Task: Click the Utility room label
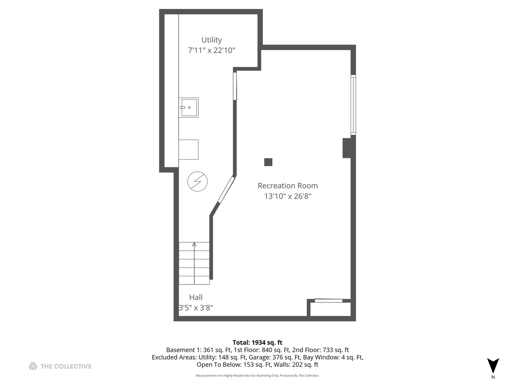[211, 40]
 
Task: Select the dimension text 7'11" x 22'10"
[211, 50]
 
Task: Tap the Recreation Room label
[288, 186]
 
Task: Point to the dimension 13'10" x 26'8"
[288, 196]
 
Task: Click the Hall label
[196, 297]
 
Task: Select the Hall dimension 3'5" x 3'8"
[196, 308]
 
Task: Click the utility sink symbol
[189, 107]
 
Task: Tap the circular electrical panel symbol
[197, 182]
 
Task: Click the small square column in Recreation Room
[268, 162]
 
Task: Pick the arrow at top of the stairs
[194, 244]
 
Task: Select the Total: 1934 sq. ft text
[257, 342]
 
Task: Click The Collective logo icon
[33, 366]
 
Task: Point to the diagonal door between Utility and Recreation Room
[226, 190]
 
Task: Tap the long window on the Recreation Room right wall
[353, 105]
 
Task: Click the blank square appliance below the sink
[188, 149]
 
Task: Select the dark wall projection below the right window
[347, 148]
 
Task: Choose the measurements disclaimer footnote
[257, 376]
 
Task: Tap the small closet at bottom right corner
[330, 309]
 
